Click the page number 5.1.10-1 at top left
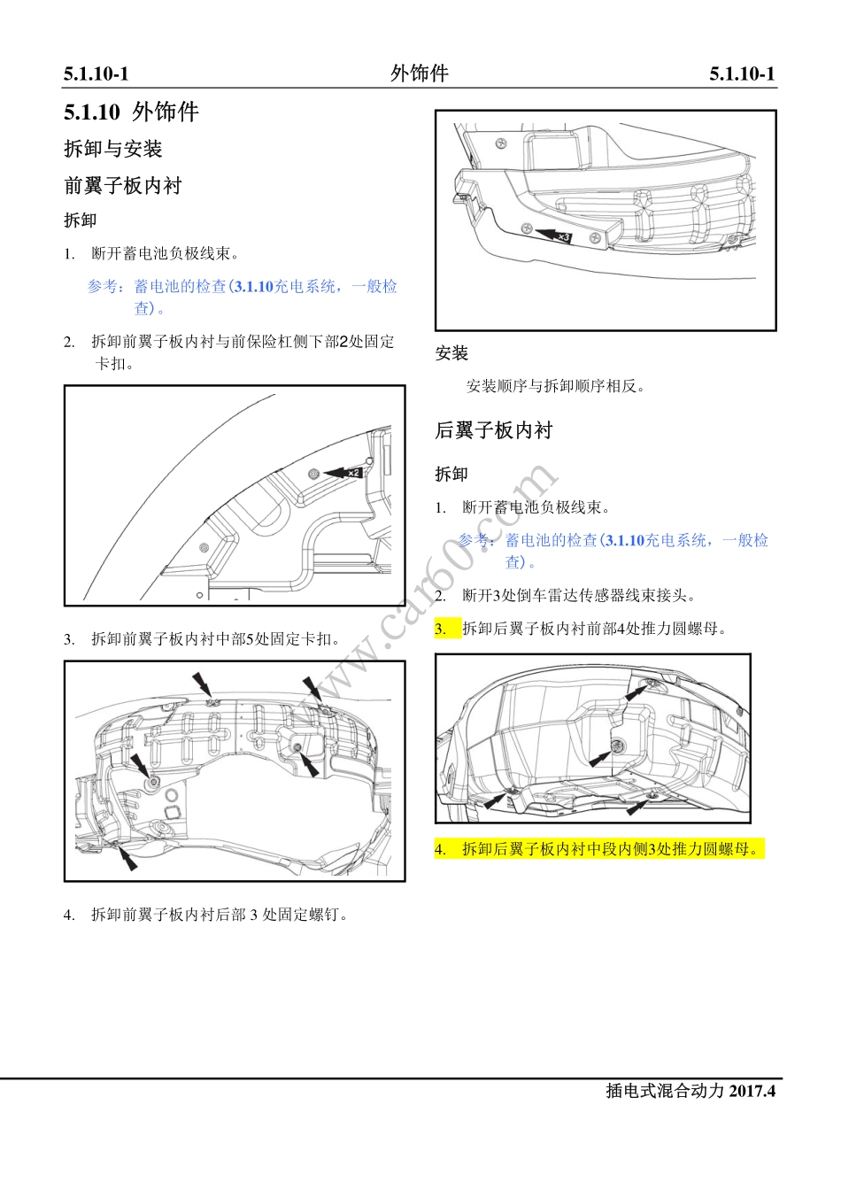(96, 74)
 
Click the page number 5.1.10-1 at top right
(742, 74)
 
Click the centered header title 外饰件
(420, 73)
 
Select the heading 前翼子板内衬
(122, 186)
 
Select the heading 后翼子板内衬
(493, 430)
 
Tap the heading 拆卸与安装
(112, 149)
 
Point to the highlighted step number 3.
(441, 630)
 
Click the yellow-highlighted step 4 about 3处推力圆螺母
(599, 849)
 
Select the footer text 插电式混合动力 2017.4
(690, 1091)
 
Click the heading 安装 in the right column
(451, 353)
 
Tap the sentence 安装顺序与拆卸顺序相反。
(556, 386)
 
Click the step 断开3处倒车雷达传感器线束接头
(579, 596)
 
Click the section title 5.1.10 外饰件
(131, 112)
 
